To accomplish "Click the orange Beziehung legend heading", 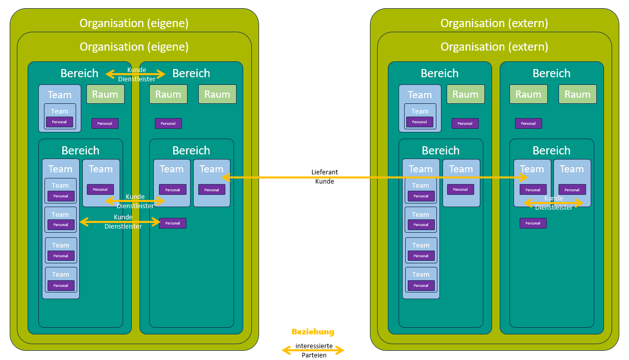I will [313, 332].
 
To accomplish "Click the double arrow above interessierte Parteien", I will [313, 351].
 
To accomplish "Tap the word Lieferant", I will [324, 172].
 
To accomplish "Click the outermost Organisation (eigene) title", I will [134, 23].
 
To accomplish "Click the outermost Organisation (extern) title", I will [494, 23].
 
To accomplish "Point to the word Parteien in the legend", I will [313, 355].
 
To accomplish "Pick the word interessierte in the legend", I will [314, 346].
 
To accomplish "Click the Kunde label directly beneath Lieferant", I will [324, 182].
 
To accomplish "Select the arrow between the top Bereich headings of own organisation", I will [135, 75].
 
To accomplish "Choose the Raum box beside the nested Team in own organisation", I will [105, 94].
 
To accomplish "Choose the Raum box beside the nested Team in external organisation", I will [465, 94].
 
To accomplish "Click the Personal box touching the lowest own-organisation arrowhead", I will [173, 223].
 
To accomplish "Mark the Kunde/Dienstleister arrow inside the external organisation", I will [553, 203].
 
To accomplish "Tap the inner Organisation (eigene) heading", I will [134, 47].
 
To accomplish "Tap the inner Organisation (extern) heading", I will [494, 47].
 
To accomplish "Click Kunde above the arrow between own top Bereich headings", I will [136, 70].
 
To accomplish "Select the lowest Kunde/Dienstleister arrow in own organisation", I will [120, 222].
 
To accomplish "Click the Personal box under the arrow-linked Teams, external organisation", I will [533, 223].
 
